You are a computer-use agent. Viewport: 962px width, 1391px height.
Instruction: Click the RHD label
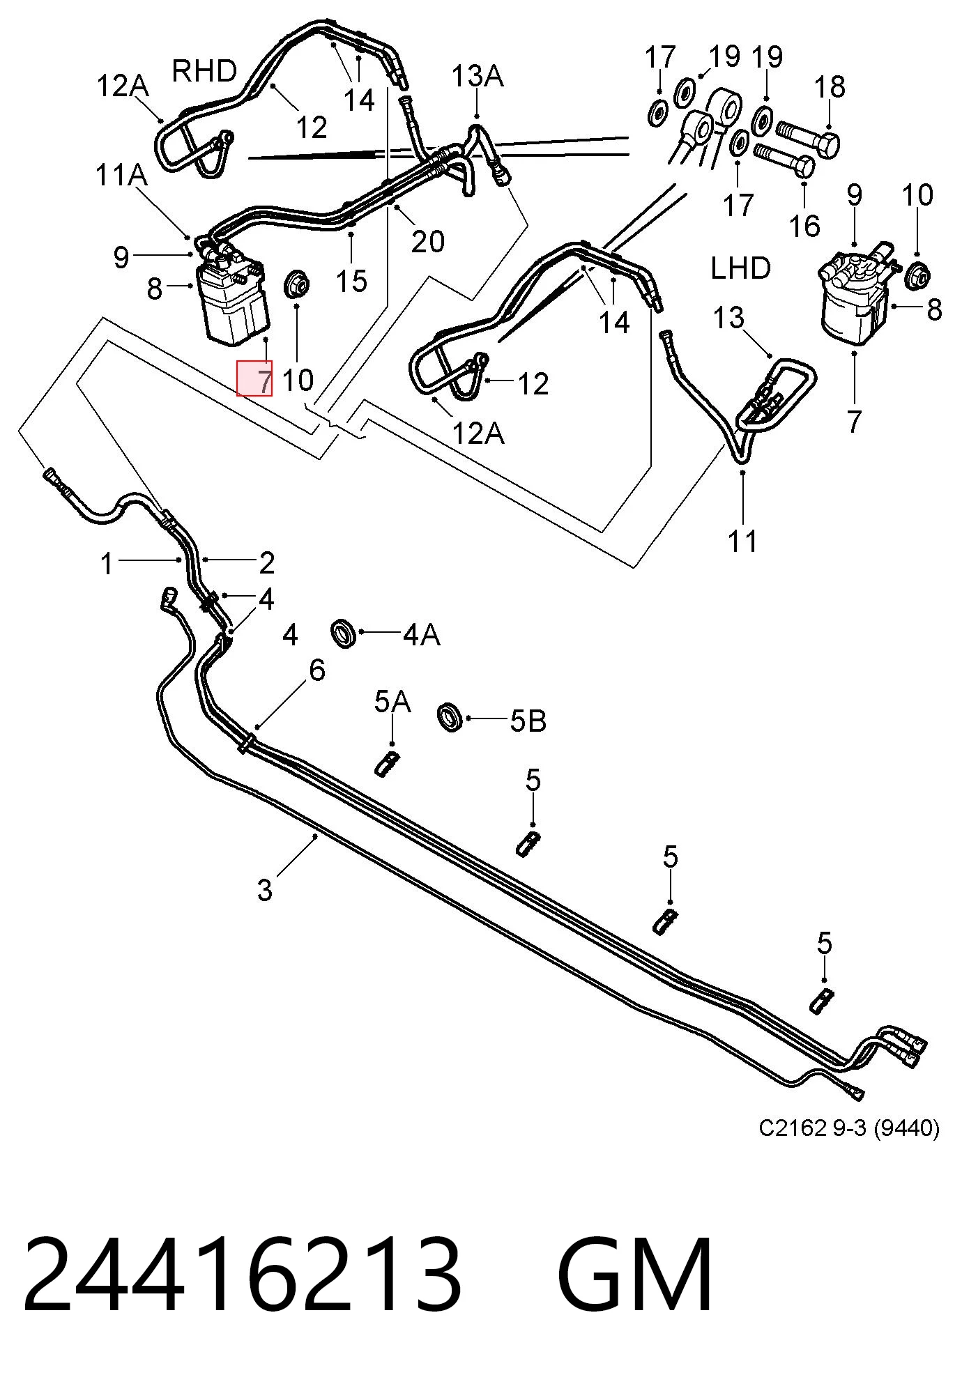tap(204, 71)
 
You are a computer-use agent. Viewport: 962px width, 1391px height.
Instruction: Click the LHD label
tap(740, 268)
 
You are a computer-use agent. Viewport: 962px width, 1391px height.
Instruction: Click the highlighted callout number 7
tap(264, 381)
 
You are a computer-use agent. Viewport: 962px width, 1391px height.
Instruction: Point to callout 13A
tap(478, 76)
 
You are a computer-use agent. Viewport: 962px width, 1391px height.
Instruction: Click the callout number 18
tap(830, 87)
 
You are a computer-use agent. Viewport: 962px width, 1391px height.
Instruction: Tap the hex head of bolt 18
tap(828, 145)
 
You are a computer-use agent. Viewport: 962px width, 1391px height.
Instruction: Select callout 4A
tap(422, 634)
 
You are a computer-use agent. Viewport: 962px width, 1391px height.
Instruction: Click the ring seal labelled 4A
tap(344, 631)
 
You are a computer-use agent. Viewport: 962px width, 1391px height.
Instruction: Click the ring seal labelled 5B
tap(450, 718)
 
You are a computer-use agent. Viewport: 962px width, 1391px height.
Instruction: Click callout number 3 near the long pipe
tap(265, 890)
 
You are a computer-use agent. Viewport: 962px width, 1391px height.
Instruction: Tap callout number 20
tap(427, 241)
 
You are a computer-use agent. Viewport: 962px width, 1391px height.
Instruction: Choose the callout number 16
tap(805, 226)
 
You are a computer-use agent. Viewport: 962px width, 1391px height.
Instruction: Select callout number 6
tap(317, 670)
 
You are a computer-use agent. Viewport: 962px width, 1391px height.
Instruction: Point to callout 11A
tap(121, 176)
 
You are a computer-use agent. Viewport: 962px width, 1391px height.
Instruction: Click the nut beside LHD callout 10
tap(917, 275)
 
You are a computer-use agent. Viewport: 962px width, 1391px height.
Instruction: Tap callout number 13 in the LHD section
tap(728, 318)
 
